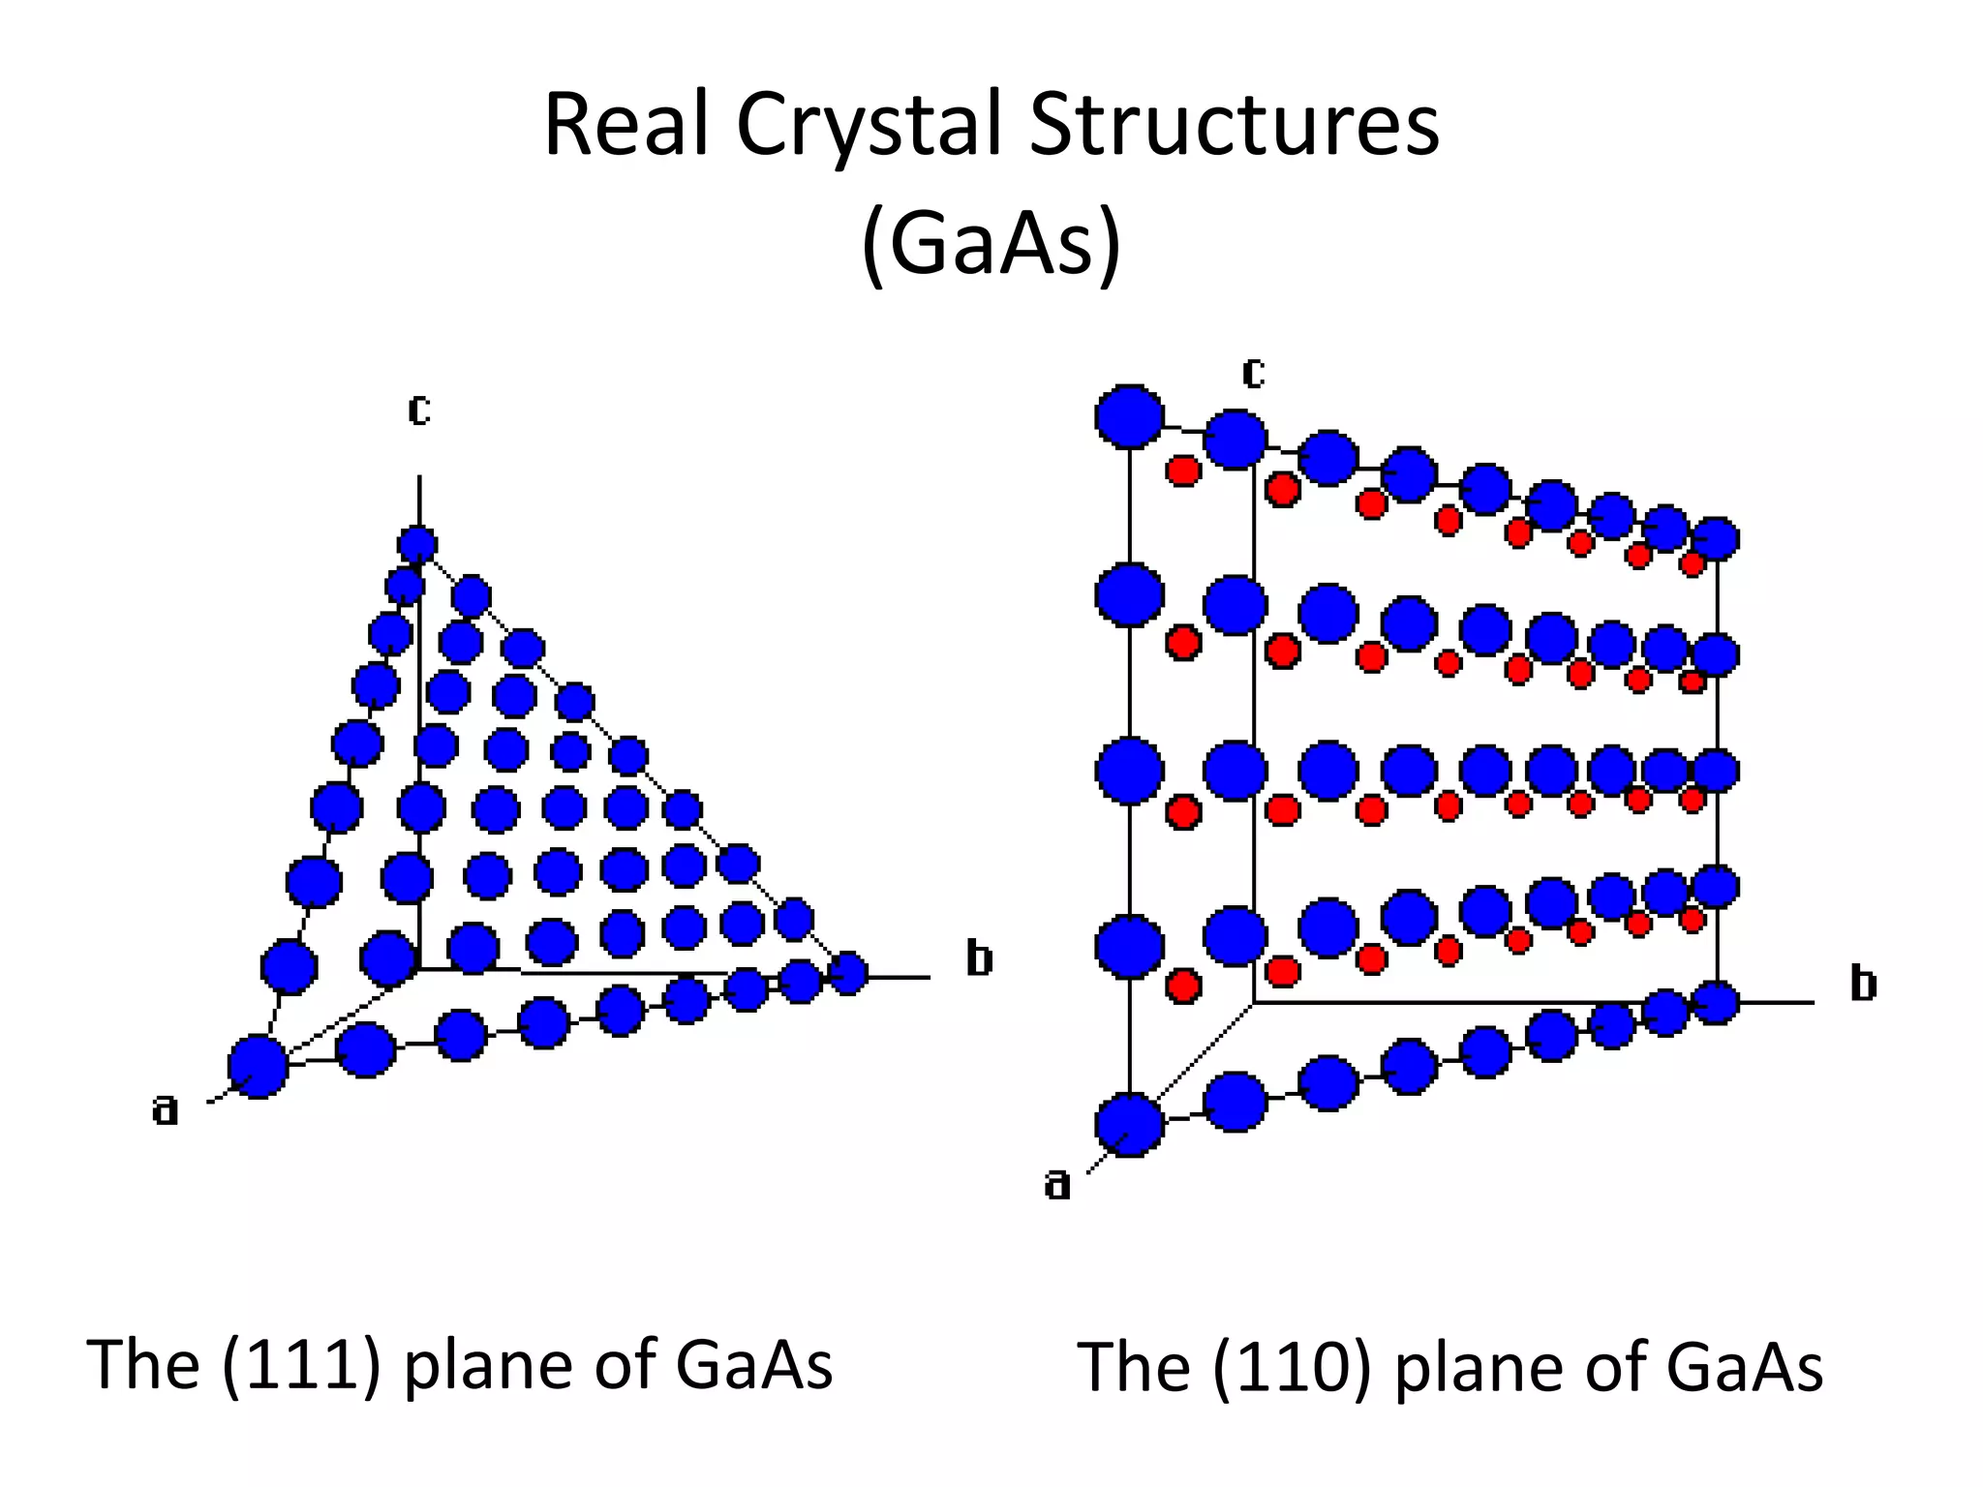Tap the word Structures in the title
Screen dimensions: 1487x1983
1234,126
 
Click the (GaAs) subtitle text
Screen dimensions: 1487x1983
991,243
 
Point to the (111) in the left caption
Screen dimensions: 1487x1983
300,1365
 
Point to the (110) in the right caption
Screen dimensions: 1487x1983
1292,1368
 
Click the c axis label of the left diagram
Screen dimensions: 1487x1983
418,410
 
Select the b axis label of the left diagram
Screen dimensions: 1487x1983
979,958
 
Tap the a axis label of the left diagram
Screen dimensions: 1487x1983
166,1109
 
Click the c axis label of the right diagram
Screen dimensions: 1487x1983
1253,373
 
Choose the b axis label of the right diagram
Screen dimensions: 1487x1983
1863,984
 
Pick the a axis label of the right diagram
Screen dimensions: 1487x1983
1057,1183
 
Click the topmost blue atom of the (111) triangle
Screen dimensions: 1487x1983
417,545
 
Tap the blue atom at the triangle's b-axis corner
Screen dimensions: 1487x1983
848,972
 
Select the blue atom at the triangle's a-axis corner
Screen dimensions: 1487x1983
258,1066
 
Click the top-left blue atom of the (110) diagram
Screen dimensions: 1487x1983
1129,417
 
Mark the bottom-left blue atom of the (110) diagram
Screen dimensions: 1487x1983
1129,1125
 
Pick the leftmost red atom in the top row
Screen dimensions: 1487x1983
1183,471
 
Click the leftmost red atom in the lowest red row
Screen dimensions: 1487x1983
1183,986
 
